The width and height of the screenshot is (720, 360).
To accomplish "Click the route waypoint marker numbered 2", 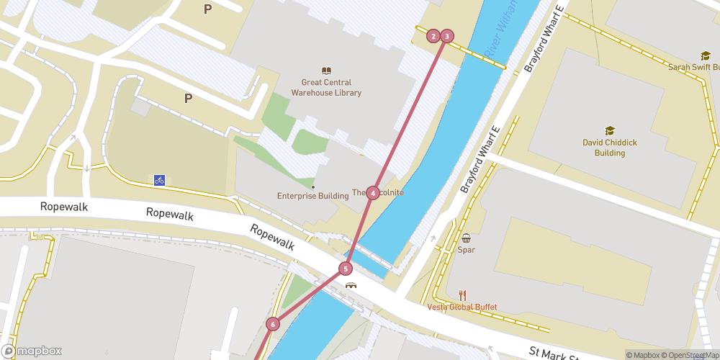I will pos(433,35).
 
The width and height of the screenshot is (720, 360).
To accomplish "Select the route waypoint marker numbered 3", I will pos(447,35).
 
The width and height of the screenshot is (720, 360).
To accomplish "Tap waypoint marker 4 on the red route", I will pos(372,193).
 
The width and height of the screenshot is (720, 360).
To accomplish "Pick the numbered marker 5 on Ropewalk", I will pos(346,269).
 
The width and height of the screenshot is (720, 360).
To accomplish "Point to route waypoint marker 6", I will pos(272,324).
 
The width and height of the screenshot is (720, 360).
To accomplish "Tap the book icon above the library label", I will pos(327,71).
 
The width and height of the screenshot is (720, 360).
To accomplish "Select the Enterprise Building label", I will pos(307,196).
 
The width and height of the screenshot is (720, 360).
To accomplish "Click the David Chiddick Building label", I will pos(610,148).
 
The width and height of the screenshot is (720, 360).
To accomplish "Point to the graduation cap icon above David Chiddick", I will pos(610,130).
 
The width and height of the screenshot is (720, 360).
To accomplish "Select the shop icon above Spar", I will pos(466,238).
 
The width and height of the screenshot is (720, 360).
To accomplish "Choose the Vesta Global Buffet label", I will pos(462,307).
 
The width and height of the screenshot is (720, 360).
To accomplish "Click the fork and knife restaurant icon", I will pos(462,294).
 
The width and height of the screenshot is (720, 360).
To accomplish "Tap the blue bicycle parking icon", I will pos(159,180).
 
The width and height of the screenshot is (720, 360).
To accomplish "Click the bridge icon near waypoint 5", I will pos(351,284).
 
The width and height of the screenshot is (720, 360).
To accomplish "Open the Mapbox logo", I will pos(32,351).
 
